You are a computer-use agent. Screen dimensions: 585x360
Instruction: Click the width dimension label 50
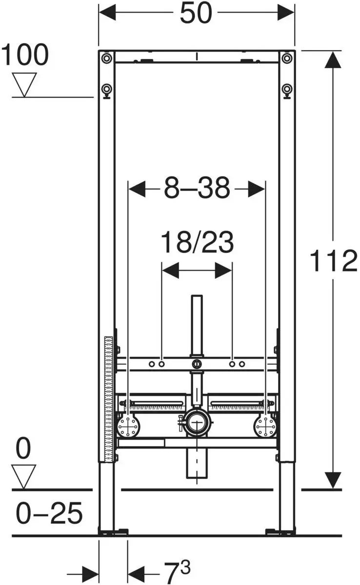197,13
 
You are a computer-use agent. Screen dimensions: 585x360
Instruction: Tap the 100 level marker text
25,55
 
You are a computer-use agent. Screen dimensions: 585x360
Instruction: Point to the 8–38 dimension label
197,188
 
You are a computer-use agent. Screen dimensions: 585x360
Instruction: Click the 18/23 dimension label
197,242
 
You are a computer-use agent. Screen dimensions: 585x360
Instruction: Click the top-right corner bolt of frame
287,58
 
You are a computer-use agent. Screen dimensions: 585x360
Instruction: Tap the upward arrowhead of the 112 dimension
333,61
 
